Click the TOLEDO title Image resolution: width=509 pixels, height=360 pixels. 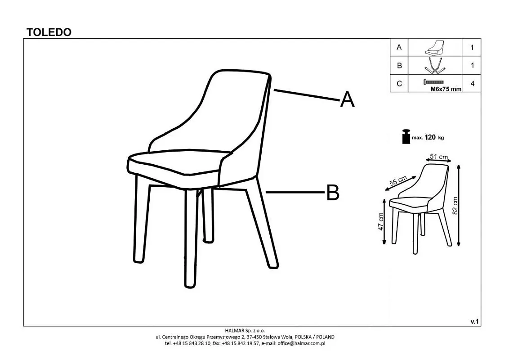[49, 32]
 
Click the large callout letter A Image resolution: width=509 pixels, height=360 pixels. [347, 99]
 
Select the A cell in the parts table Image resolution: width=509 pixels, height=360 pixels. [399, 47]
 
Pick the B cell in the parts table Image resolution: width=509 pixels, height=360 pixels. [399, 66]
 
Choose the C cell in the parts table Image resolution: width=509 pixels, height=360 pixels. [399, 84]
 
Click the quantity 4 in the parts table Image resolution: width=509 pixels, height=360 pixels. [472, 84]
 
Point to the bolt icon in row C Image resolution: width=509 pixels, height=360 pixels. [433, 82]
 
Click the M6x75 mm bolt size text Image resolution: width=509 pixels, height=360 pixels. [446, 89]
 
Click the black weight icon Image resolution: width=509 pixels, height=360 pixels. [406, 136]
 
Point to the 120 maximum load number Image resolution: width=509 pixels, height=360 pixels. [430, 137]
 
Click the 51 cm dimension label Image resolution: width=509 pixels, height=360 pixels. [439, 157]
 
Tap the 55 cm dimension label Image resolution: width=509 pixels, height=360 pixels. [398, 180]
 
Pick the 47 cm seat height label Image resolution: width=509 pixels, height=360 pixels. [381, 221]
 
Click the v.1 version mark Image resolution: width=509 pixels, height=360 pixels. [474, 322]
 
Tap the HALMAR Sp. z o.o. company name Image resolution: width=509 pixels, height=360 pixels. [245, 331]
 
